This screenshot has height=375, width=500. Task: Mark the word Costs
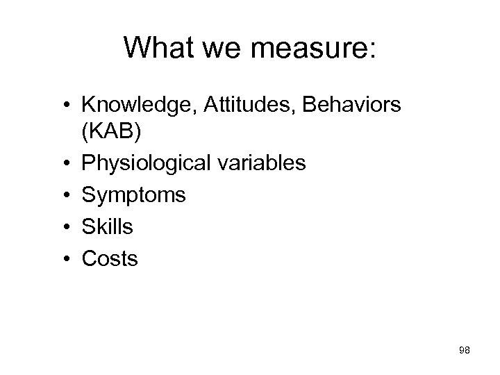click(110, 259)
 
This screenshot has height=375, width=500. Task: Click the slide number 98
click(465, 351)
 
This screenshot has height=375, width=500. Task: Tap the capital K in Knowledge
click(89, 107)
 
